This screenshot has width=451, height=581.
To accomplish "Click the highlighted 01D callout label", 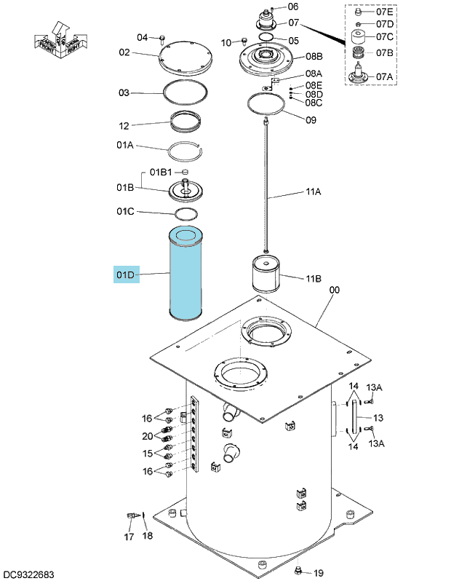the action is (127, 274).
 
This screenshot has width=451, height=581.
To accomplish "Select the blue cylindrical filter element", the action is (185, 274).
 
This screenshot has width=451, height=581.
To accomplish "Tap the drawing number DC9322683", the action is (27, 574).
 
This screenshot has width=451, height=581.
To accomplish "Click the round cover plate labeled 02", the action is (185, 58).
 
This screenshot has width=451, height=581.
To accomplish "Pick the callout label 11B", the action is (314, 278).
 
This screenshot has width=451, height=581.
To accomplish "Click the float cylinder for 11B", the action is (266, 274).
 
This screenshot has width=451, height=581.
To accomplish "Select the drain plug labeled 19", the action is (298, 571).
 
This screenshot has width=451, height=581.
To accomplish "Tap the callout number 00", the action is (335, 289).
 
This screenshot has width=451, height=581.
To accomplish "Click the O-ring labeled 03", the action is (185, 81).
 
